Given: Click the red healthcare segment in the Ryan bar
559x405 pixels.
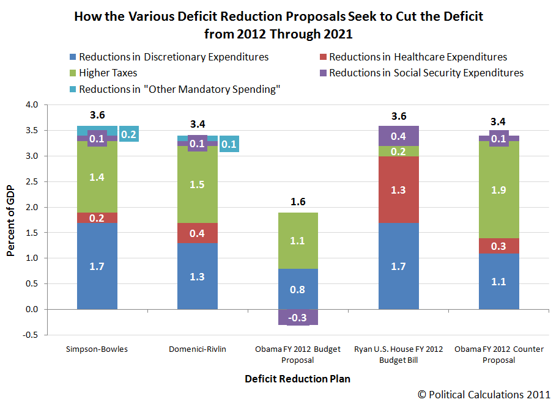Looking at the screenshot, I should pyautogui.click(x=399, y=189).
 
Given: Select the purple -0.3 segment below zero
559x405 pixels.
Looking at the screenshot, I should pyautogui.click(x=298, y=317).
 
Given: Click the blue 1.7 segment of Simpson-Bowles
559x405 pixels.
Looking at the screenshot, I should pyautogui.click(x=97, y=266).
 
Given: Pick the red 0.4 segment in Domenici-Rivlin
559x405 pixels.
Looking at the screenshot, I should pyautogui.click(x=197, y=233).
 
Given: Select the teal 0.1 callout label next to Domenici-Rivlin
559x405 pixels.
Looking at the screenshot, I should pyautogui.click(x=229, y=144).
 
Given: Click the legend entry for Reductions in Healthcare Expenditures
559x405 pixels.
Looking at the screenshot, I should pyautogui.click(x=418, y=57).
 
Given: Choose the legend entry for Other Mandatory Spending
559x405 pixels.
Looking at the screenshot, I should pyautogui.click(x=179, y=89).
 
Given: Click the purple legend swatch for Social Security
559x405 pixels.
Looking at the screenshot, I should pyautogui.click(x=323, y=73).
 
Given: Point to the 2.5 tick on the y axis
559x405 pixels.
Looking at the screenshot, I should pyautogui.click(x=31, y=182).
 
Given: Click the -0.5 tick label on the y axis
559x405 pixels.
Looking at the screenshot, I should pyautogui.click(x=29, y=335).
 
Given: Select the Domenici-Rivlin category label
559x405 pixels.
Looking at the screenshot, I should pyautogui.click(x=197, y=349).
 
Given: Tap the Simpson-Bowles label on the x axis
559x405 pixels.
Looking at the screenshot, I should pyautogui.click(x=97, y=349).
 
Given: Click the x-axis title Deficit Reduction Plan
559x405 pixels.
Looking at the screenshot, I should pyautogui.click(x=298, y=379).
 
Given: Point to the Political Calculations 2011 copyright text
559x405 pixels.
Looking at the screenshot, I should pyautogui.click(x=484, y=395).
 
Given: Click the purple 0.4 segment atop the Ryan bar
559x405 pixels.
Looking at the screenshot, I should pyautogui.click(x=399, y=136).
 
